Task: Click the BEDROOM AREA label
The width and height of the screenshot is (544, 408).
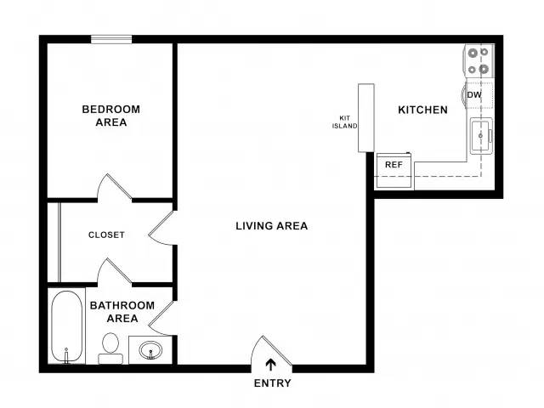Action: point(111,116)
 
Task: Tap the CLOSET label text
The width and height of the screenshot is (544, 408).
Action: point(106,235)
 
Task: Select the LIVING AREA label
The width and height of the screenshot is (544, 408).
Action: point(272,226)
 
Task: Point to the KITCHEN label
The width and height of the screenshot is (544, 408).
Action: point(422,110)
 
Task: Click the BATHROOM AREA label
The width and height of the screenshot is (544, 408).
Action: point(122,312)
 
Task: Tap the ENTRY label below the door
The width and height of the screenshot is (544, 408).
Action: point(272,383)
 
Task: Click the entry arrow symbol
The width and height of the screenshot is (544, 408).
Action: point(270,365)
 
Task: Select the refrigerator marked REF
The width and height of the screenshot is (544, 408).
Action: point(394,171)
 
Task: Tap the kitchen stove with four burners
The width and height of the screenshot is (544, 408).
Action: point(479,60)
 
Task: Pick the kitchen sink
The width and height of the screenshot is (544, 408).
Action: point(482,136)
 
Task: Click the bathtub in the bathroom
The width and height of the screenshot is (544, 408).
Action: point(66,326)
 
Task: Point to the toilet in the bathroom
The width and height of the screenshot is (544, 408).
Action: point(110,348)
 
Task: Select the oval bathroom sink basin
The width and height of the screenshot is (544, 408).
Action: point(150,349)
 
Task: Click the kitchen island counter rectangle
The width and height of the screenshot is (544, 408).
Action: point(366,117)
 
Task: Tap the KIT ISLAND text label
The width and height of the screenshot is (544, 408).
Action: point(344,122)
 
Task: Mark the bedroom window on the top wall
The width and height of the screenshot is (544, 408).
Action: point(111,39)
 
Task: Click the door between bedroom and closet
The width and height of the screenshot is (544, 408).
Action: point(114,188)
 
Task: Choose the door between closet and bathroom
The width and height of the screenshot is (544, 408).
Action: point(114,272)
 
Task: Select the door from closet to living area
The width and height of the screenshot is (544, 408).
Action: point(161,228)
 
